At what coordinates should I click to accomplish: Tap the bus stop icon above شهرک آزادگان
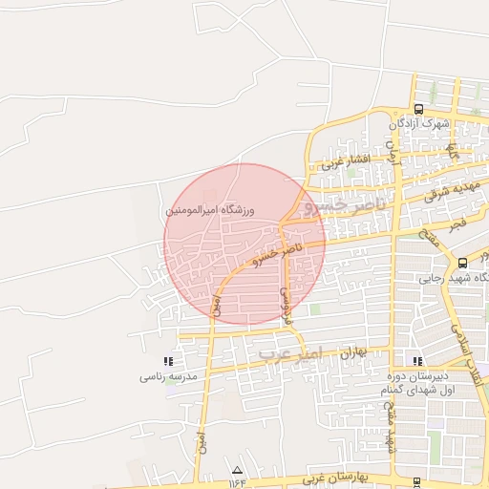coord(418,109)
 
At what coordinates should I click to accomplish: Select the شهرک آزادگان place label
coord(419,124)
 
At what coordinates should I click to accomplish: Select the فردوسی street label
coord(284,301)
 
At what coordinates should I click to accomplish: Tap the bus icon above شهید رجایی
coord(463,263)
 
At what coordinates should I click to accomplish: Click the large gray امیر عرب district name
coord(292,352)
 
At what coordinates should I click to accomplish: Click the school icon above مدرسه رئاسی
coord(168,361)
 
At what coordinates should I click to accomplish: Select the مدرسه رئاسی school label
coord(168,377)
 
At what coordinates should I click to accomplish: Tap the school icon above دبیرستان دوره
coord(417,360)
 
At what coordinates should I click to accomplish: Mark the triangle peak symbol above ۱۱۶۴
coord(237,470)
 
